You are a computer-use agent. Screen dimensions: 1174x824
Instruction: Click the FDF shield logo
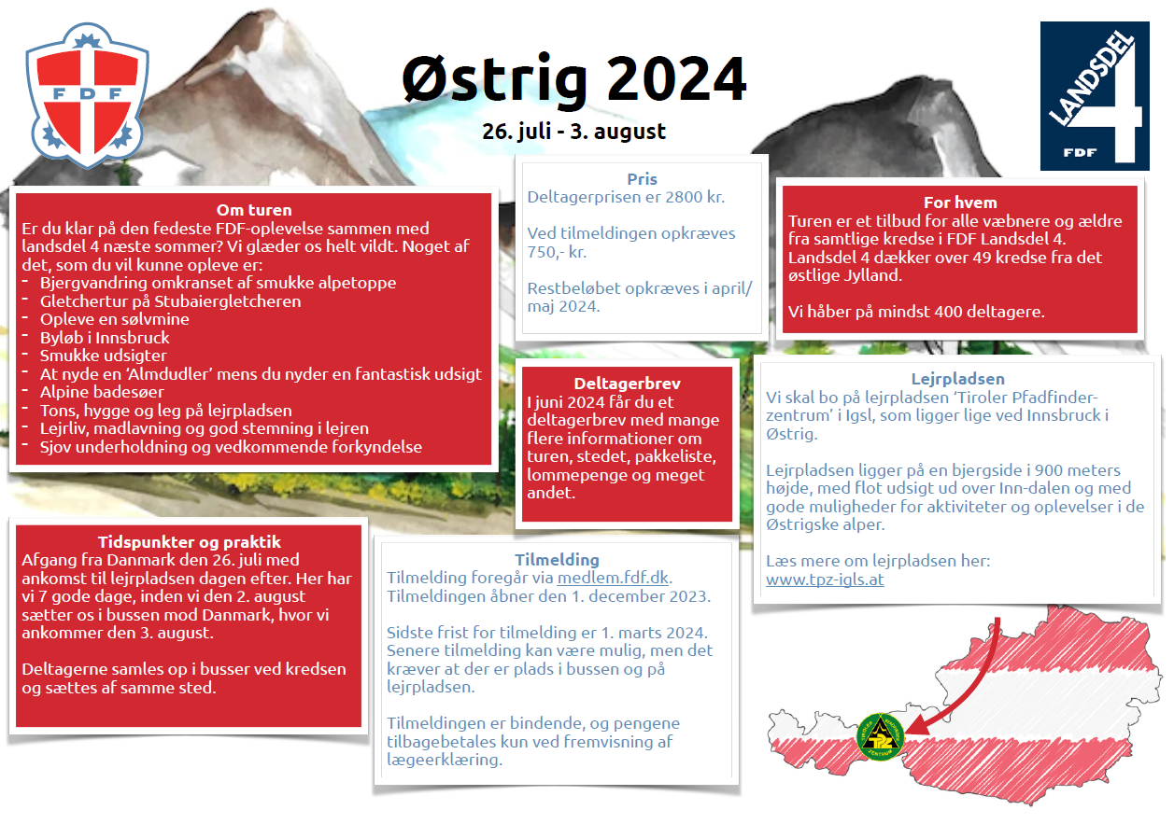pyautogui.click(x=87, y=95)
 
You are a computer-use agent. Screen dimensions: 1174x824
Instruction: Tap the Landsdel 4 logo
pyautogui.click(x=1095, y=96)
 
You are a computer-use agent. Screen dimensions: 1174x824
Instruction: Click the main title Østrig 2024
pyautogui.click(x=573, y=79)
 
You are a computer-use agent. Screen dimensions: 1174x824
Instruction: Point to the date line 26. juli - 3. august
pyautogui.click(x=573, y=132)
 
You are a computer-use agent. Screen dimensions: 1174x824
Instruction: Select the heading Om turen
pyautogui.click(x=254, y=210)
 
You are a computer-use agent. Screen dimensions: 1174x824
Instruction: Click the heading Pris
pyautogui.click(x=642, y=179)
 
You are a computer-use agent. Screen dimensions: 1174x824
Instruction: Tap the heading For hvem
pyautogui.click(x=960, y=203)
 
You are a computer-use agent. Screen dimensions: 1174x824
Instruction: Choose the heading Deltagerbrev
pyautogui.click(x=627, y=384)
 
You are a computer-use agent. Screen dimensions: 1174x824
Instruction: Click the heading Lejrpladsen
pyautogui.click(x=958, y=379)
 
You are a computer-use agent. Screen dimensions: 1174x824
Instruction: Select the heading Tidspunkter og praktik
pyautogui.click(x=190, y=542)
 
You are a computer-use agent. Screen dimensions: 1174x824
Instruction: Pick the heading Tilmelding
pyautogui.click(x=557, y=560)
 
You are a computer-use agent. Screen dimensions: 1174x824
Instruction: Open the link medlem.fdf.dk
pyautogui.click(x=613, y=578)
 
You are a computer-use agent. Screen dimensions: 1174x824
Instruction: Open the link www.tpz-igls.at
pyautogui.click(x=825, y=580)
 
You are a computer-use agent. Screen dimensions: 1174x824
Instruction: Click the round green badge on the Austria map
pyautogui.click(x=881, y=737)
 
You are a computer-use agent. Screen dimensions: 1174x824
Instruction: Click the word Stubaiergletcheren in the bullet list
pyautogui.click(x=228, y=301)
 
